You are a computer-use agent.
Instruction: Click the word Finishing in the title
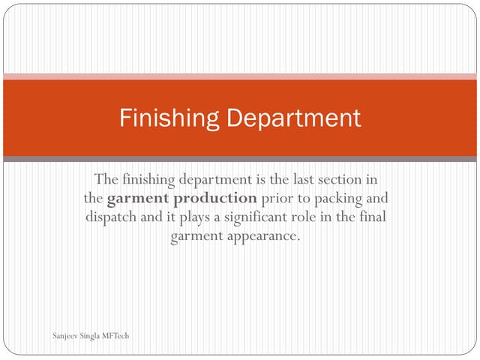pyautogui.click(x=169, y=118)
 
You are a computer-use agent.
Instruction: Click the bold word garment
pyautogui.click(x=133, y=199)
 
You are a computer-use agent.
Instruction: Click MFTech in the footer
pyautogui.click(x=113, y=335)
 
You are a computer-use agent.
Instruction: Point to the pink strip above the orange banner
pyautogui.click(x=240, y=76)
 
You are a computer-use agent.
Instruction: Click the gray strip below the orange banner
pyautogui.click(x=240, y=159)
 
